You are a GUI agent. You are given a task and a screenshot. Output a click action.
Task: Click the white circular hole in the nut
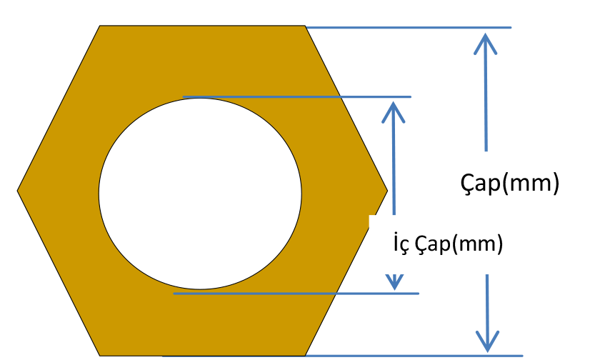coord(200,194)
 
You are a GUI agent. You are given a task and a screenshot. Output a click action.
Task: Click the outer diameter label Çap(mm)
coord(509,183)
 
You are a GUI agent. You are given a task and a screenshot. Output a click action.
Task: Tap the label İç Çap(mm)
coord(448,244)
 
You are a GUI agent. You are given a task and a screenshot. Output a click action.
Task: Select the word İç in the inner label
coord(401,244)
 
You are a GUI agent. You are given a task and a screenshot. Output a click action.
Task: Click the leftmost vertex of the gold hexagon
coord(18,191)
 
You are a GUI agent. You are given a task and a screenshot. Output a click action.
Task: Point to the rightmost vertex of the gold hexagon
coord(386,191)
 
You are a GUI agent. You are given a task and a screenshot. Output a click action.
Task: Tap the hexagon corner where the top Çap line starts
coord(306,27)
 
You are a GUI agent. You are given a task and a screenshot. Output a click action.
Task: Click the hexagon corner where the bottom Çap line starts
coord(306,354)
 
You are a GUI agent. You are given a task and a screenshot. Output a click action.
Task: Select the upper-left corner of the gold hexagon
coord(99,26)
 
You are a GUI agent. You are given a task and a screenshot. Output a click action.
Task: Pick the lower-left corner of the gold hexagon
coord(99,355)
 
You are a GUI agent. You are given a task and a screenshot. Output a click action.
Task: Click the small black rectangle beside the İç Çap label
coord(566,236)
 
